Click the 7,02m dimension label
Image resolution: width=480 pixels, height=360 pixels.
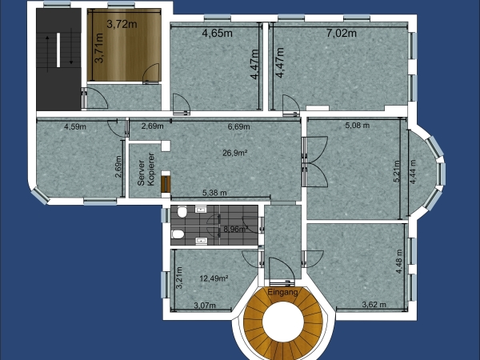click(x=342, y=33)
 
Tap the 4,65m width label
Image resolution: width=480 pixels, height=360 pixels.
click(x=218, y=33)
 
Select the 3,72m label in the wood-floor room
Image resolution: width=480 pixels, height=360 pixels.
click(x=122, y=24)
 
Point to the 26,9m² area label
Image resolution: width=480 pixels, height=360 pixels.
click(x=234, y=153)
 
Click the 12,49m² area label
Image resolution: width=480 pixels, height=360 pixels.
click(x=214, y=278)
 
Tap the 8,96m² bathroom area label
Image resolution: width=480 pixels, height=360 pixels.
click(x=236, y=229)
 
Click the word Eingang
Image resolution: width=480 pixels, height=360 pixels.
click(x=282, y=292)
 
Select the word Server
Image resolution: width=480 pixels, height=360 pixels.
click(x=141, y=173)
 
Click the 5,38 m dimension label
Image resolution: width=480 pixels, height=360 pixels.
click(x=214, y=193)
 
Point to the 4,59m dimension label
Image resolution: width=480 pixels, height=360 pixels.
click(x=75, y=126)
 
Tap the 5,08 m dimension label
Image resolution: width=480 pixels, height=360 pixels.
click(x=358, y=126)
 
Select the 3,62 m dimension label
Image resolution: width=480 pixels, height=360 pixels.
click(x=374, y=305)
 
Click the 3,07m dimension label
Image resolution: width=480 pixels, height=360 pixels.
click(x=205, y=306)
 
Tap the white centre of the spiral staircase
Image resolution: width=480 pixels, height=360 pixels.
click(x=283, y=321)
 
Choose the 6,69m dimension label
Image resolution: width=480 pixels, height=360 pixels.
click(x=238, y=126)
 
